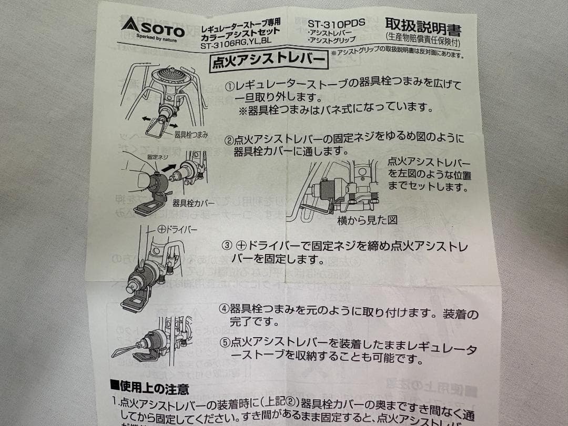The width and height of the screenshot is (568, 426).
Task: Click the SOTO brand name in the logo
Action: coord(161,29)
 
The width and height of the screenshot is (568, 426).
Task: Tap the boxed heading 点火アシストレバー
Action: coord(268,60)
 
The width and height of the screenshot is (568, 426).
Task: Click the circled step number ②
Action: coord(229,140)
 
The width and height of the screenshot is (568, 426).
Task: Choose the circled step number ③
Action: coord(227,246)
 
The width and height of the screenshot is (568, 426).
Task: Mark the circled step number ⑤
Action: coord(225,342)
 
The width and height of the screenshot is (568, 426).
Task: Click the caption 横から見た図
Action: coord(367,220)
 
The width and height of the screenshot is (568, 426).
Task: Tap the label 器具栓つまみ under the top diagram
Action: coord(191,135)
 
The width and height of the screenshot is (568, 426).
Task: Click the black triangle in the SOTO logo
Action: coord(129,24)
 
